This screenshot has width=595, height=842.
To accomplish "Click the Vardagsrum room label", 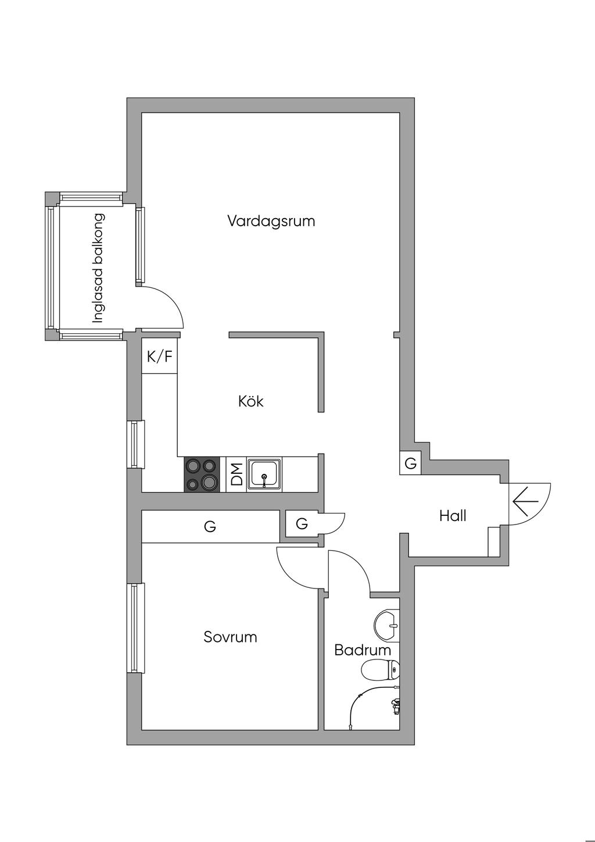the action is [271, 221].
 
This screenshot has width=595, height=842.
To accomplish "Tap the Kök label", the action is [251, 401].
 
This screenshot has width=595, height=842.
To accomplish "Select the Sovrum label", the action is [230, 637].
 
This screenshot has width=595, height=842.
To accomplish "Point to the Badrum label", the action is [363, 650].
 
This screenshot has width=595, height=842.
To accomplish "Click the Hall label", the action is [453, 516].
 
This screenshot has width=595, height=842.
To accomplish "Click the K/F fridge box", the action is [159, 356].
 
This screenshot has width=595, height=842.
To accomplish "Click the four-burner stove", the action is [202, 474].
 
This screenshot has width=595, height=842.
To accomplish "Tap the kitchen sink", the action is [264, 474].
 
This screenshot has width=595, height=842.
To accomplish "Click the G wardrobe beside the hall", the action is [411, 463].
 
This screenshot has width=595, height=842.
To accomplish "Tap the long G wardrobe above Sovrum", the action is [210, 526].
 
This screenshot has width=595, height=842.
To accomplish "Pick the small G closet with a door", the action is [302, 523].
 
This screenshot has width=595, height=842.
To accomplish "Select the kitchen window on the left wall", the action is [135, 444].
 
